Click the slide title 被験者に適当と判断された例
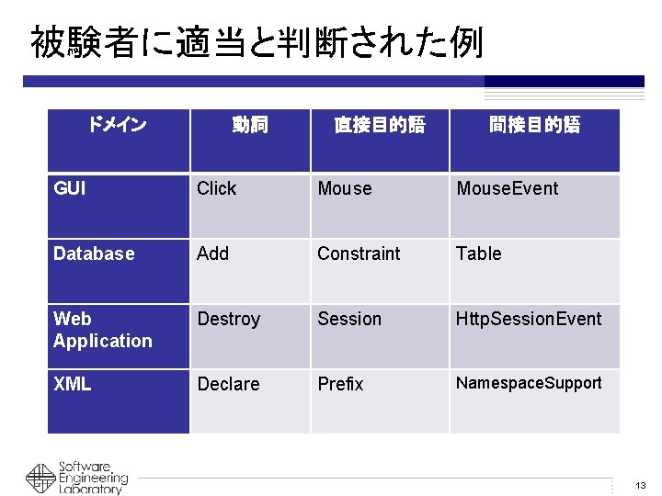coord(257,42)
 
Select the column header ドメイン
coord(117,124)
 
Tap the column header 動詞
coord(249,125)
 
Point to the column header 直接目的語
coord(379,125)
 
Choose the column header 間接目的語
coord(534,125)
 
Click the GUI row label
coord(70,188)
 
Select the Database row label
coord(94,254)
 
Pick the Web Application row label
coord(102,330)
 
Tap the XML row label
coord(73,384)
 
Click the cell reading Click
coord(217,188)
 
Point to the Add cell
coord(213,254)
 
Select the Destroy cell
coord(229,319)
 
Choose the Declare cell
coord(229,384)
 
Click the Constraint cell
coord(359,254)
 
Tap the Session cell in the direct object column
coord(349,319)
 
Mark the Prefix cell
coord(340,384)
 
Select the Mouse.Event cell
coord(508,188)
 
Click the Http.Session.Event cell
coord(529,319)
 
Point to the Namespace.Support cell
coord(529,383)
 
